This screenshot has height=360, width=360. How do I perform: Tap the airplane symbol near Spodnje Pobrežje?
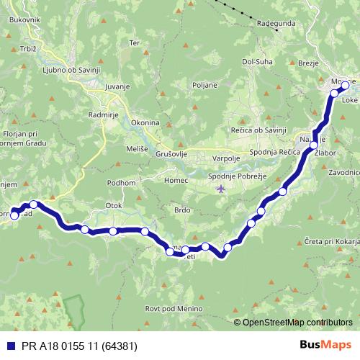220,189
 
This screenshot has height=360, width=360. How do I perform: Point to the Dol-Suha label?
256,61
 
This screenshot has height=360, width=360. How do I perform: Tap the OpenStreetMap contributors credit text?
297,322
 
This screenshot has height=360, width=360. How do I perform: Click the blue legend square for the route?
11,346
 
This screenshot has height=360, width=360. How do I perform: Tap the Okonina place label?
145,123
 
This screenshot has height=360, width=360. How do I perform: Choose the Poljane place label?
204,84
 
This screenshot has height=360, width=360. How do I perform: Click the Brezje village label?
307,63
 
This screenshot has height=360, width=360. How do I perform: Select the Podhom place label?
121,183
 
